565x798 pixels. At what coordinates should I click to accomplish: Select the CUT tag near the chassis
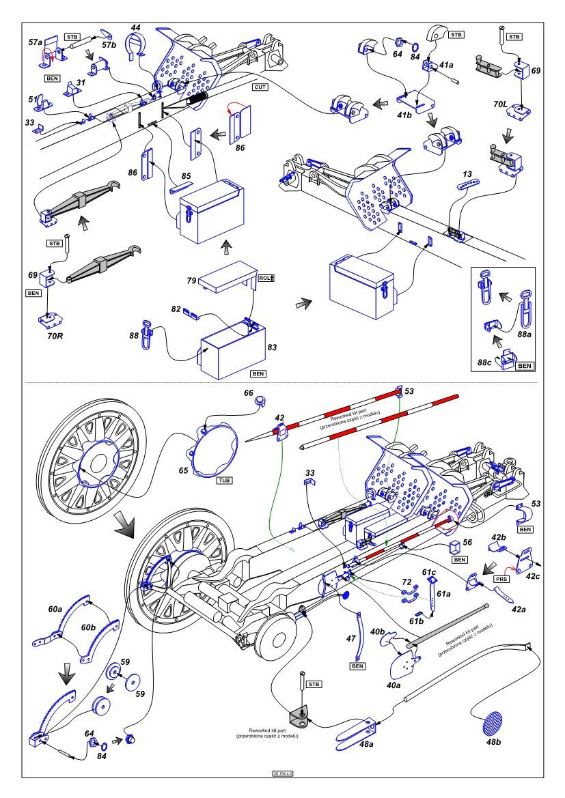point(260,88)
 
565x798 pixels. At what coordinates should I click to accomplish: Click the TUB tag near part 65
point(224,481)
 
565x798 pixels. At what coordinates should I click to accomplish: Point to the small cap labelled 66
point(260,402)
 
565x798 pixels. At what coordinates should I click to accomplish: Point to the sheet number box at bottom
point(282,773)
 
